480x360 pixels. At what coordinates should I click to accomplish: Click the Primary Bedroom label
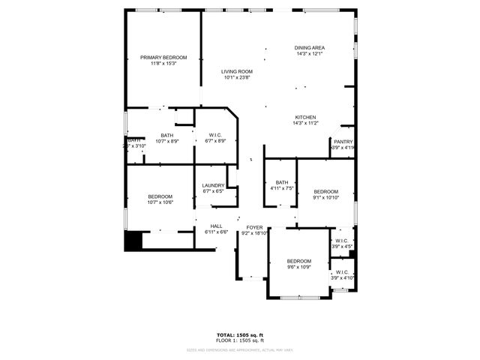click(x=163, y=58)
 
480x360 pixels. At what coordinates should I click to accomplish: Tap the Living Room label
click(x=236, y=71)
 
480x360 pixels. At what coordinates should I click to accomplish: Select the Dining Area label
click(x=309, y=48)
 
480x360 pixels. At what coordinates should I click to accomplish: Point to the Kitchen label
click(x=305, y=117)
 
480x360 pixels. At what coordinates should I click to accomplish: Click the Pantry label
click(x=343, y=142)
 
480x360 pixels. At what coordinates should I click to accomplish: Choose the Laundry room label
click(x=214, y=185)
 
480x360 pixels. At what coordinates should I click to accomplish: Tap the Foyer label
click(x=254, y=226)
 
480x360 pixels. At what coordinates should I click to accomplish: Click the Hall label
click(x=216, y=226)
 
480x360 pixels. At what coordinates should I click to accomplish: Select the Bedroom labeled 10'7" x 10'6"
click(x=160, y=196)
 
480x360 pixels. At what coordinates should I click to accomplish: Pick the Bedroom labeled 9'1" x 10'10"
click(x=326, y=191)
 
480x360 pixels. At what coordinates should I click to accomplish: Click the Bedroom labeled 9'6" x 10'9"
click(x=299, y=261)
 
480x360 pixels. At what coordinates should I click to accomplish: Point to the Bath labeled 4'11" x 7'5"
click(x=281, y=182)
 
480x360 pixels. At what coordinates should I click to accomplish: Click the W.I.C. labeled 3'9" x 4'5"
click(x=341, y=241)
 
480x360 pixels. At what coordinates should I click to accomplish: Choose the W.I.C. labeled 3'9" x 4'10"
click(x=342, y=272)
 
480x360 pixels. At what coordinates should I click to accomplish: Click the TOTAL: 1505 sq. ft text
click(x=239, y=334)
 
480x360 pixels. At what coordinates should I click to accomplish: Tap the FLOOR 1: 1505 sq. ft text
click(x=239, y=340)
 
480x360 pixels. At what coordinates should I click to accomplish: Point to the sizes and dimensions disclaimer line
click(x=239, y=349)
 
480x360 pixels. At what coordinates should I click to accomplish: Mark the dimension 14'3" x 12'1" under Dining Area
click(x=309, y=54)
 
